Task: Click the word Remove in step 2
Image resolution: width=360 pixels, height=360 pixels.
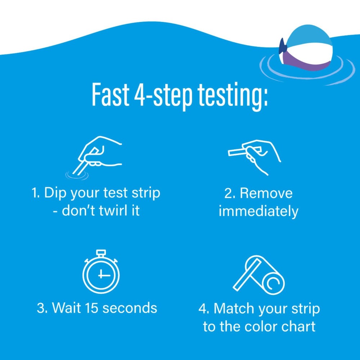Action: pos(266,193)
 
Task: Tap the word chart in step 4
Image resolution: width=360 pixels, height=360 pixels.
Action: pos(298,327)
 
